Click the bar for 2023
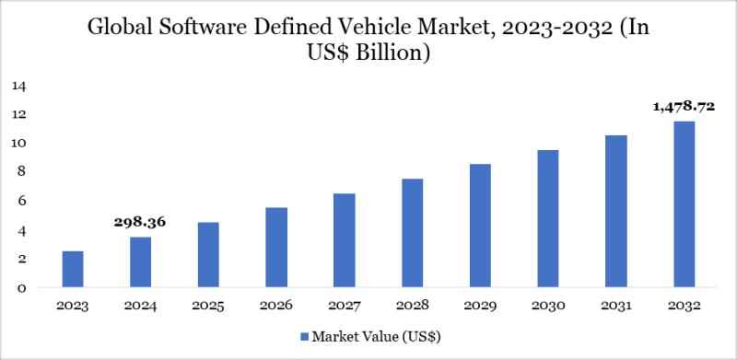(x=73, y=269)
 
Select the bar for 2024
(x=140, y=261)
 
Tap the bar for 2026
(x=275, y=247)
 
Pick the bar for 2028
(x=411, y=233)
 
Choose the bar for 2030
(x=546, y=218)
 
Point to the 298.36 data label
(x=140, y=222)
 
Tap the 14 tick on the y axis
(x=19, y=86)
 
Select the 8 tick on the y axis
(x=20, y=171)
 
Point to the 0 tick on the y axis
(x=20, y=287)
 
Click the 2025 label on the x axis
(x=207, y=305)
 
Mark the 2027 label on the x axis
(x=343, y=305)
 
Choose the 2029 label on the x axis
(x=478, y=305)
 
